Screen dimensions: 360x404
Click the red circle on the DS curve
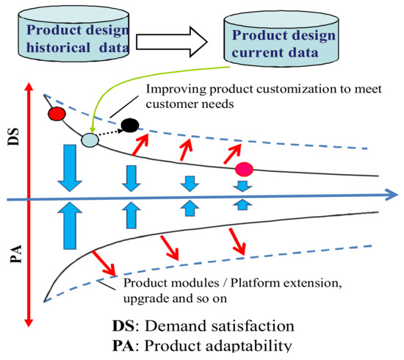coord(55,115)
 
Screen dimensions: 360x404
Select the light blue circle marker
coord(90,139)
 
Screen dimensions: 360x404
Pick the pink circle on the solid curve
coord(244,170)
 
